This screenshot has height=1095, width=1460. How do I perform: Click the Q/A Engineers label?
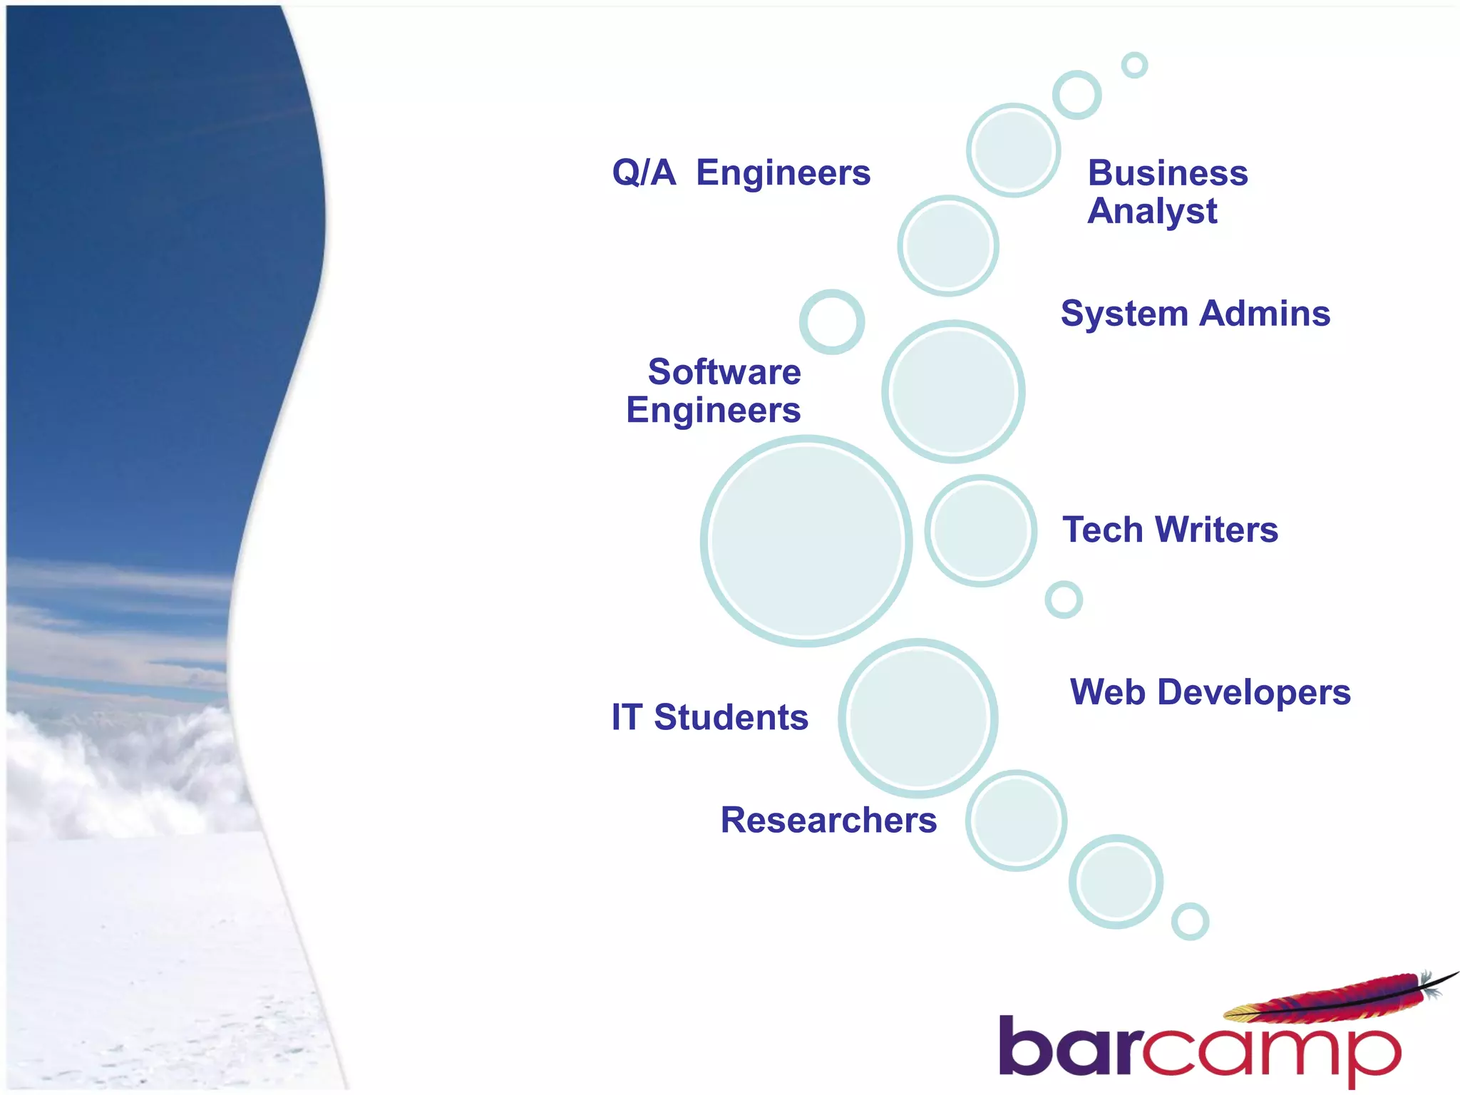click(741, 173)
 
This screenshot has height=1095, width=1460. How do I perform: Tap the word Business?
click(1168, 173)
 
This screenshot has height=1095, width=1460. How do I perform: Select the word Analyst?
click(1152, 212)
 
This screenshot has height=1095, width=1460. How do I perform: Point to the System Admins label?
click(1195, 314)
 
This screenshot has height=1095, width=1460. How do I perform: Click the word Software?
click(724, 372)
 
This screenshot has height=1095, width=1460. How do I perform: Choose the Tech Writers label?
click(1170, 530)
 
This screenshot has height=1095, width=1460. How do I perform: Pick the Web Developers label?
click(1210, 692)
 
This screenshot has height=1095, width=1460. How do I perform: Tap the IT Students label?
click(710, 717)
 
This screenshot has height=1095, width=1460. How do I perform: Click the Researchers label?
click(828, 820)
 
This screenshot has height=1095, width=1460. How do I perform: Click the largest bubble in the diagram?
click(806, 541)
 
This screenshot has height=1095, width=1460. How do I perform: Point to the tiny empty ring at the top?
click(1134, 65)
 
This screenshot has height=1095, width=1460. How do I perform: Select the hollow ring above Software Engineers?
click(832, 322)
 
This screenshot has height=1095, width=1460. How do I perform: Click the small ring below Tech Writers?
click(1064, 600)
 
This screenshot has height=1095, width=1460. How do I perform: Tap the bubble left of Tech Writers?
click(981, 530)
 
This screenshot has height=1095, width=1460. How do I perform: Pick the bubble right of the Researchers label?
click(1016, 820)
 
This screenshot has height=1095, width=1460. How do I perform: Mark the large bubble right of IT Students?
click(917, 717)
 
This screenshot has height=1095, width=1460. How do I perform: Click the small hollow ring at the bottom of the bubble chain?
click(1190, 921)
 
